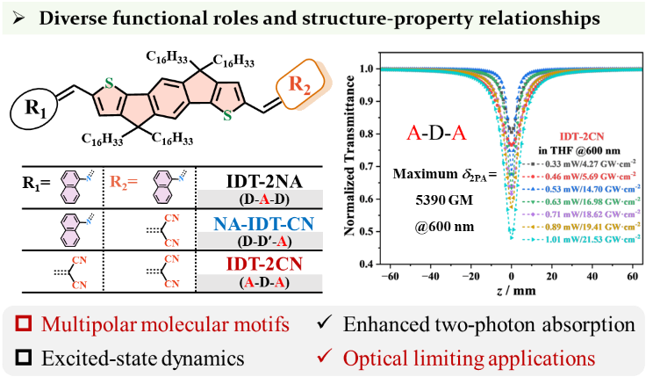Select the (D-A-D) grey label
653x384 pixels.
pyautogui.click(x=260, y=199)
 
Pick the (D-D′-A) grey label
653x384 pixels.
pyautogui.click(x=260, y=241)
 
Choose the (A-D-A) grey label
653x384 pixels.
pyautogui.click(x=260, y=282)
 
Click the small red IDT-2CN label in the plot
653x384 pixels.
pyautogui.click(x=581, y=136)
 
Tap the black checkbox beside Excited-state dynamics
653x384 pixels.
pyautogui.click(x=27, y=358)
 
